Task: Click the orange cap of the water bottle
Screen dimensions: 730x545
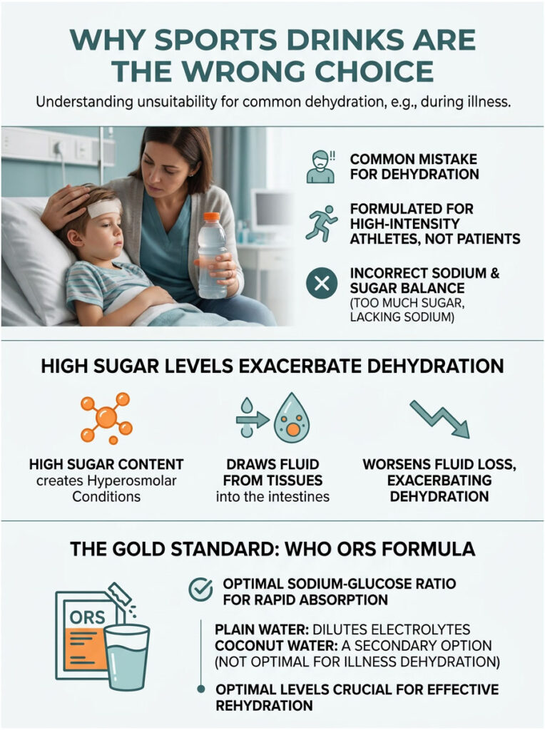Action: click(210, 217)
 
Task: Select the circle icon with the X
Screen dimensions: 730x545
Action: click(321, 284)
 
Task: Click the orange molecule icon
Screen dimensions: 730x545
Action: click(106, 417)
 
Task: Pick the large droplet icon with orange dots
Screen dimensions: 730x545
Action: click(292, 418)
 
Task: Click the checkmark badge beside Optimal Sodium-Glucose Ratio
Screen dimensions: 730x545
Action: click(200, 590)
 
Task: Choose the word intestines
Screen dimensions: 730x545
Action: click(297, 496)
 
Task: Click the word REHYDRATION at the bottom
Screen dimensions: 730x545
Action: click(263, 706)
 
